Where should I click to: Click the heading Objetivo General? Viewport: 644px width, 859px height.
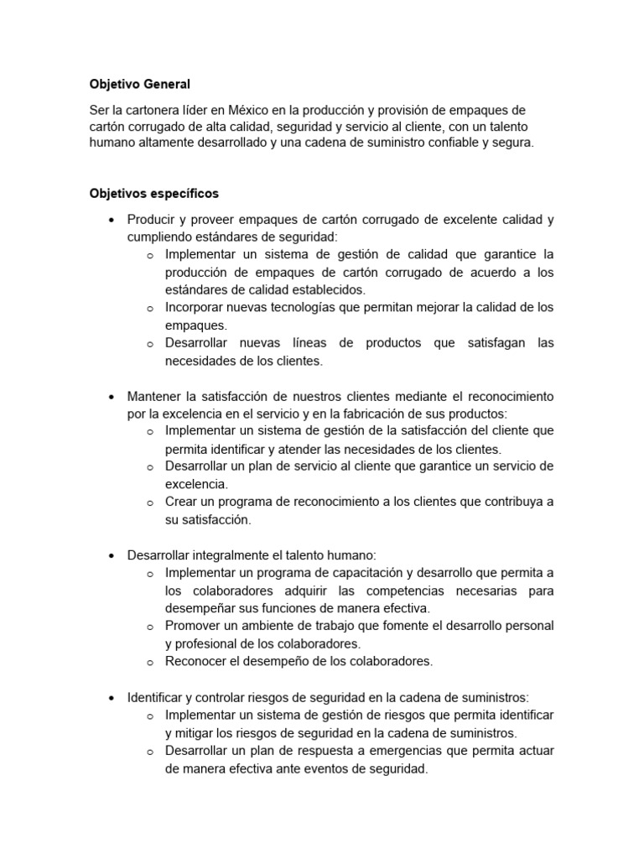140,84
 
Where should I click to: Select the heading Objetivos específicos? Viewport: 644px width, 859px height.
154,193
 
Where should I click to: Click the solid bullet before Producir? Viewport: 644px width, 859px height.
112,221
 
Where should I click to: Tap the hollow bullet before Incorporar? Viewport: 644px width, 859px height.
149,309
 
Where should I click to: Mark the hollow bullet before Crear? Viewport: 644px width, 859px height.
149,503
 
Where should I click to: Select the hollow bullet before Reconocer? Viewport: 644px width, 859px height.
149,663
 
